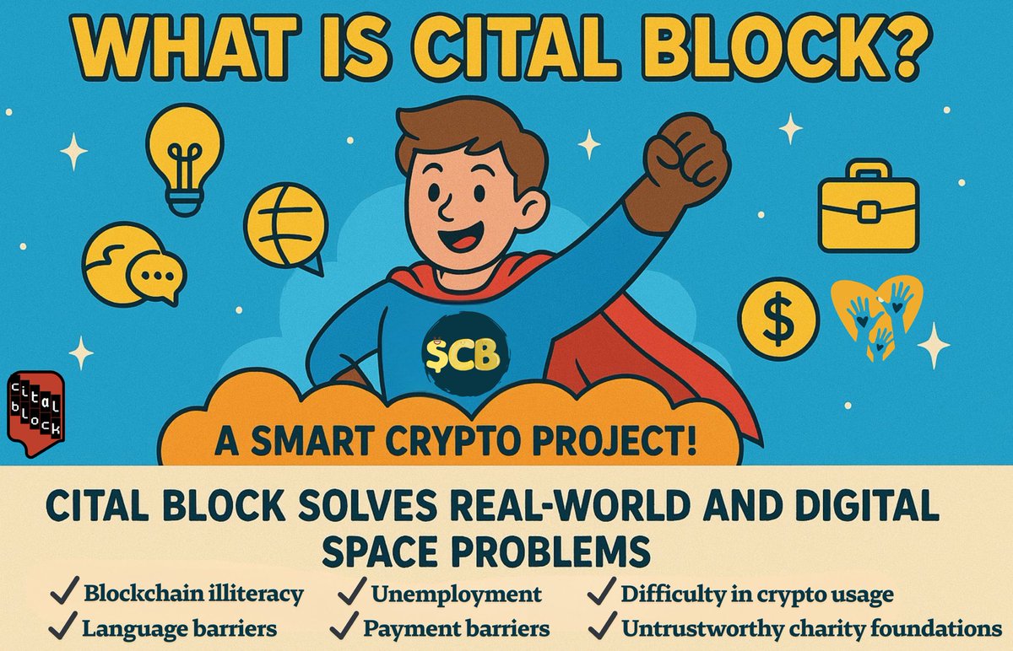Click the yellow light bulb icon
click(x=184, y=156)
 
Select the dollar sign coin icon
click(x=777, y=317)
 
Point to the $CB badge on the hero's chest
click(x=463, y=354)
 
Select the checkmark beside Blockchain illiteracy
click(x=60, y=592)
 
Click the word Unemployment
click(x=456, y=594)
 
